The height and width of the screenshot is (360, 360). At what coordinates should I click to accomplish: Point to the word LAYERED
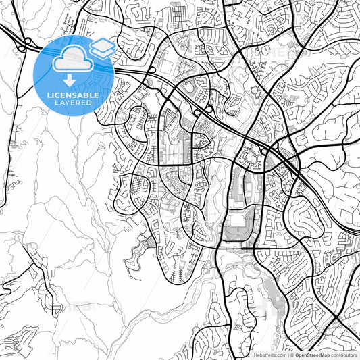(x=75, y=103)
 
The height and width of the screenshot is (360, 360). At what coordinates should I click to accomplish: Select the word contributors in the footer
(x=342, y=355)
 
